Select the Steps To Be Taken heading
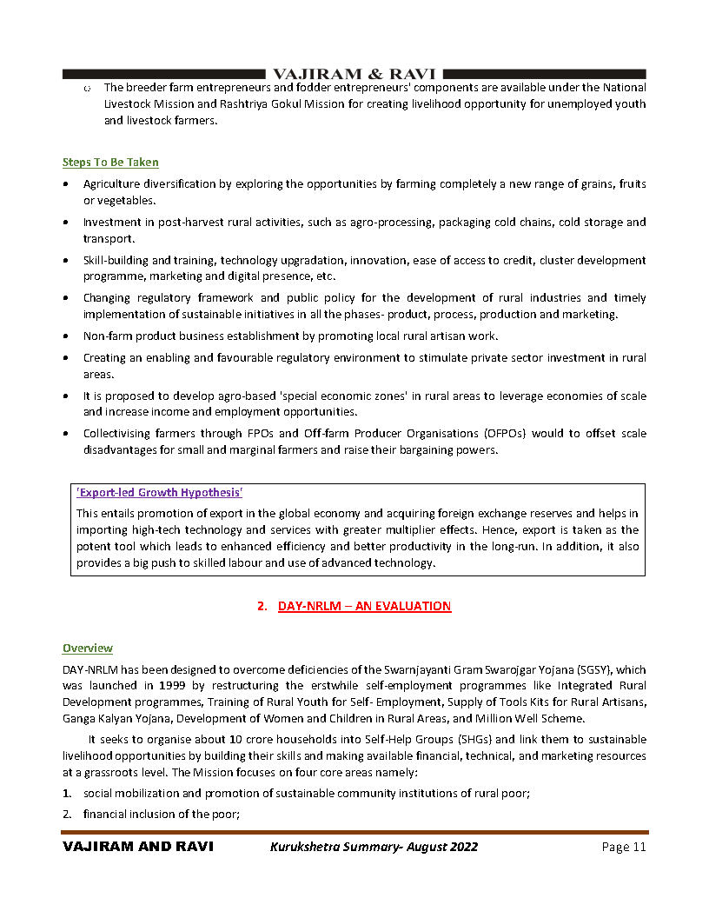(x=110, y=162)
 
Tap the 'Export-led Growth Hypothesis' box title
(x=159, y=493)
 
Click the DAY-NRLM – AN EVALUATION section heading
(x=364, y=605)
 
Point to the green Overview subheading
(x=87, y=648)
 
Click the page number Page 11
(x=624, y=847)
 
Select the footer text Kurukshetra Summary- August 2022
(x=374, y=847)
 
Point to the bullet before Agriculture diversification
(x=67, y=184)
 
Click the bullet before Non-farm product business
(x=67, y=336)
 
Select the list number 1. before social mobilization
(x=67, y=793)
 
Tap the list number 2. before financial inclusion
(x=67, y=814)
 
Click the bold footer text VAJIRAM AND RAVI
(x=138, y=847)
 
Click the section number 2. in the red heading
(x=262, y=605)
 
